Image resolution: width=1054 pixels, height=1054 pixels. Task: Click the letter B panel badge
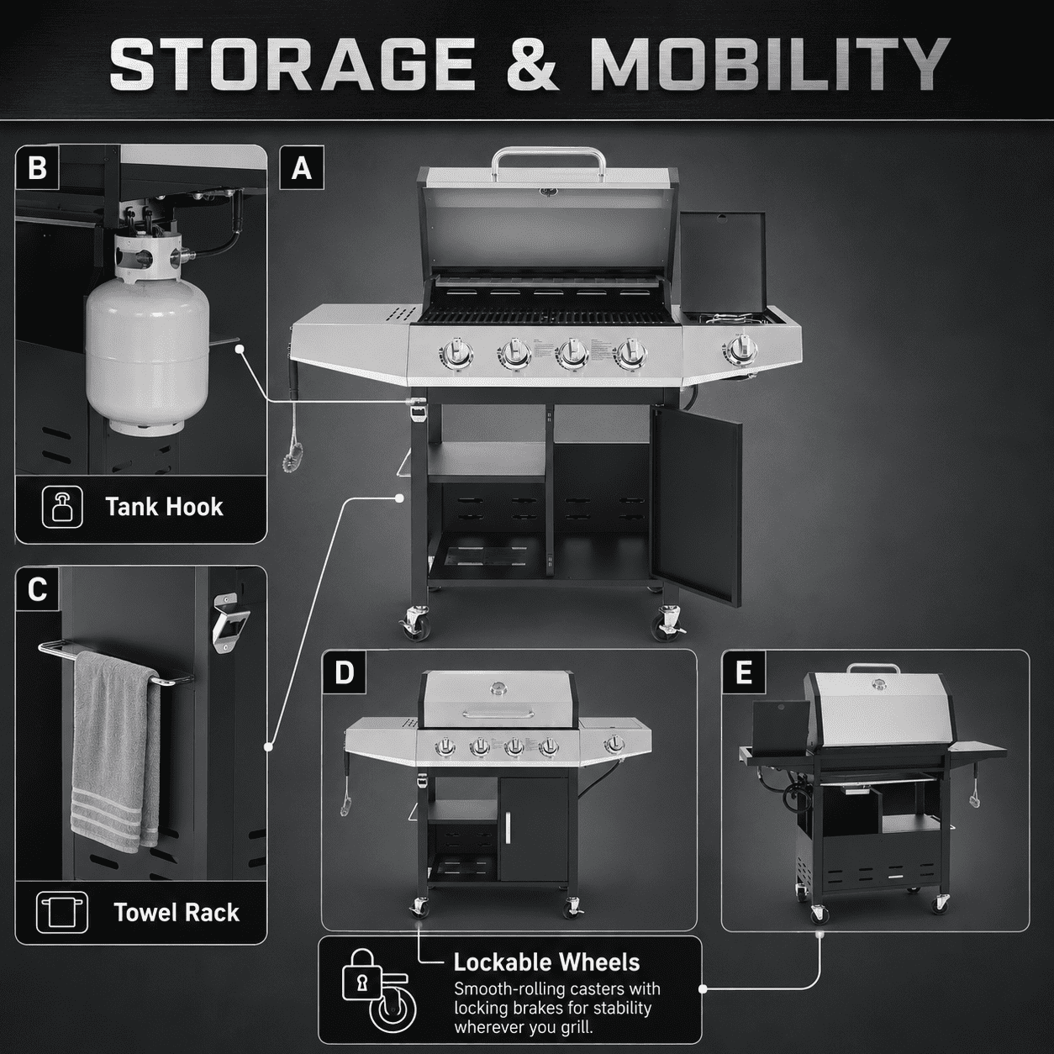point(37,168)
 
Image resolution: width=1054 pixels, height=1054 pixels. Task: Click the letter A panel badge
point(302,168)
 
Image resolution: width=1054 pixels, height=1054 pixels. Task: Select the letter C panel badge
point(37,590)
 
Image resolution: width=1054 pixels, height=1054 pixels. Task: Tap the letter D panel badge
point(345,672)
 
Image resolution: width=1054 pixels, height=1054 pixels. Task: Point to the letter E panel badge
point(744,672)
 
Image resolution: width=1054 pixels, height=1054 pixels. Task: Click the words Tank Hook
point(164,507)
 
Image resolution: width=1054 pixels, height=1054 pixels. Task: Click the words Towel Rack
point(177,912)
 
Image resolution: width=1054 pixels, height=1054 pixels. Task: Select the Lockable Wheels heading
point(546,962)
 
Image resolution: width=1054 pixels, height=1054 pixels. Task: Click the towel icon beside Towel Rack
point(62,912)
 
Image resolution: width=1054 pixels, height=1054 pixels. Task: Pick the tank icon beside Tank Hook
point(62,507)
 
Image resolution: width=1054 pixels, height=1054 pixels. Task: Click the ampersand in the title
point(532,64)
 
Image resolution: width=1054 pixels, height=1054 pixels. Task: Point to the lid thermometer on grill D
point(498,688)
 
